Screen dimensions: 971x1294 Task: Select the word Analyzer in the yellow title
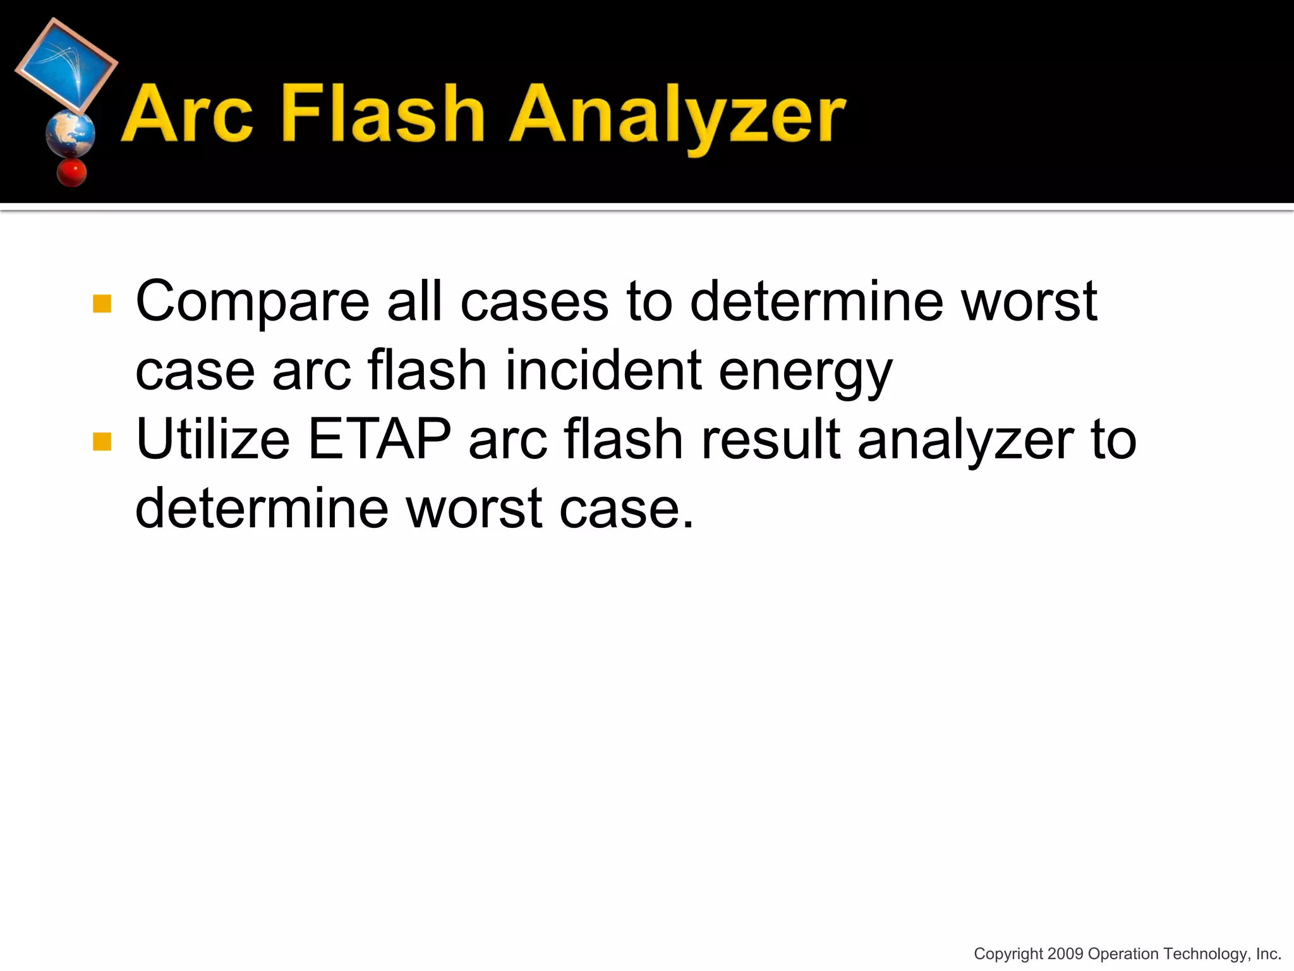(x=677, y=117)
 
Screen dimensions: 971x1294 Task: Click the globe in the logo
(x=70, y=133)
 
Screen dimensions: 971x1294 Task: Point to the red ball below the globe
(x=71, y=173)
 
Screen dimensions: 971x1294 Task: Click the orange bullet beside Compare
(x=102, y=303)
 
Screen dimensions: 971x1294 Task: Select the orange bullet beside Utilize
(x=102, y=441)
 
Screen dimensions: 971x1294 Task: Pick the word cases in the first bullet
(x=534, y=302)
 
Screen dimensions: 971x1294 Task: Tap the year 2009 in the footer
(x=1065, y=954)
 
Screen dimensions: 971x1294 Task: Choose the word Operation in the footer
(x=1123, y=954)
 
